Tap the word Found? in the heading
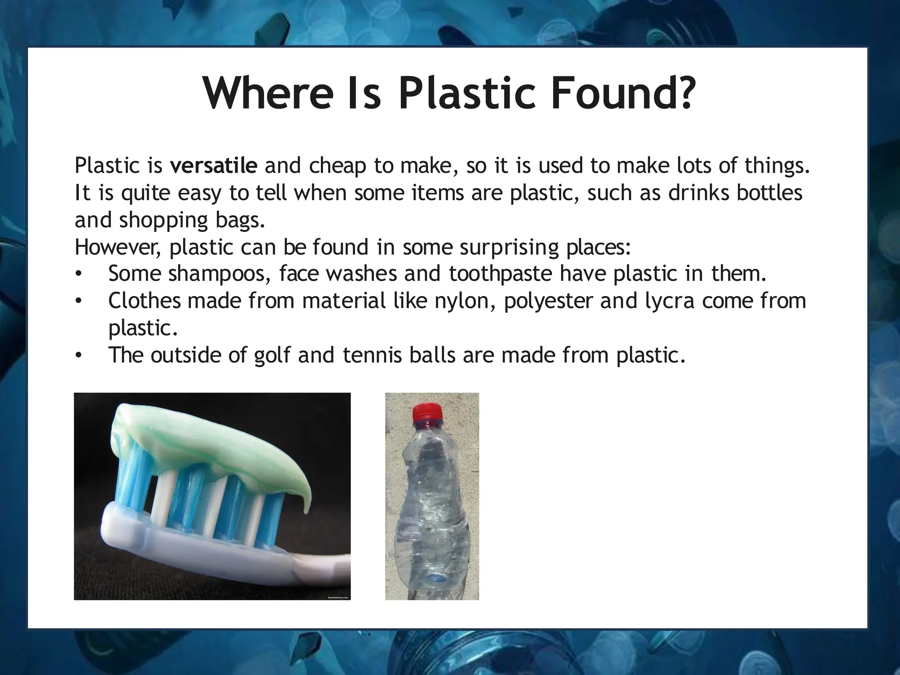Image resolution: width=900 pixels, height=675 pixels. (624, 93)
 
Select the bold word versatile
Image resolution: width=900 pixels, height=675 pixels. (214, 166)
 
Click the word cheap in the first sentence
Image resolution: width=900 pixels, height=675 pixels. (337, 166)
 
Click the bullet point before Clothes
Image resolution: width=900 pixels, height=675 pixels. (78, 301)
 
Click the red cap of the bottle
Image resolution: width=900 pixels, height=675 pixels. (426, 412)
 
